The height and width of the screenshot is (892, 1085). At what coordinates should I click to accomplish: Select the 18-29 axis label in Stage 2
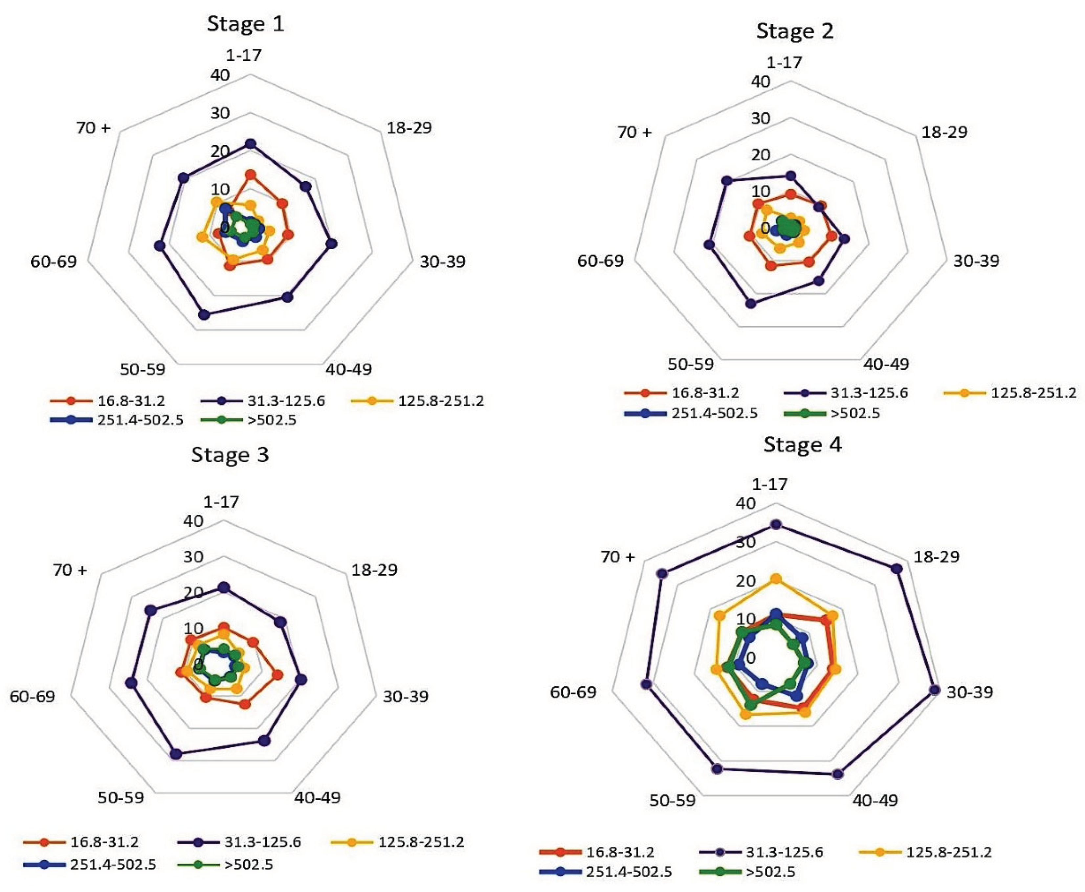pos(944,132)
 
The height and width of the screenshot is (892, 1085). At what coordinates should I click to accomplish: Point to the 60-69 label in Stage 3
pos(33,697)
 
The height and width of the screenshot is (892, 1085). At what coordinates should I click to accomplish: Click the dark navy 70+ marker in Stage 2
pos(726,180)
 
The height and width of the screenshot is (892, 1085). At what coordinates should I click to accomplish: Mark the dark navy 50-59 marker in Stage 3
pos(176,754)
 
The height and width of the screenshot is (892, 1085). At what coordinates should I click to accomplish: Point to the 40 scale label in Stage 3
pos(193,521)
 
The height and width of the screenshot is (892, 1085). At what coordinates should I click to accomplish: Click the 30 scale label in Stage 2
pos(761,118)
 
